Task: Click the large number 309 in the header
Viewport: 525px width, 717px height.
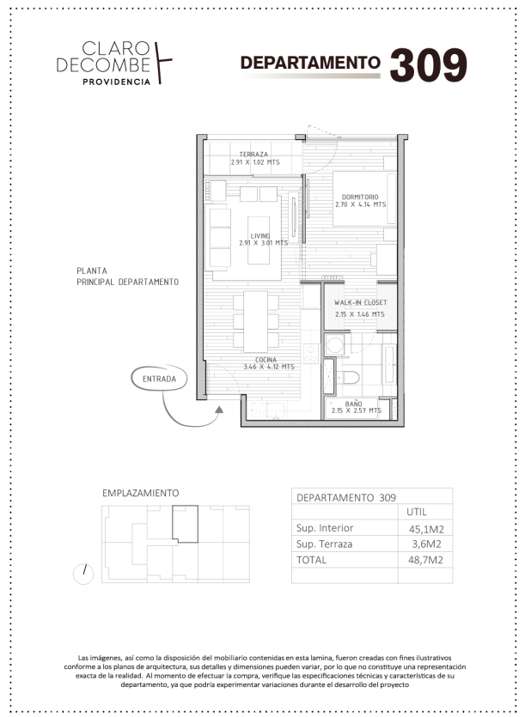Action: pos(428,65)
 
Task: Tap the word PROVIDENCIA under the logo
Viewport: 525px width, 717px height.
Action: pos(116,82)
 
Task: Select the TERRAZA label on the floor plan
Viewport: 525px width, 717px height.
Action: pos(253,154)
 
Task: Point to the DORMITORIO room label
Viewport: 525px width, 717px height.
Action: pos(360,197)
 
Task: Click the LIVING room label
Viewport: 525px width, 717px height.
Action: pos(260,236)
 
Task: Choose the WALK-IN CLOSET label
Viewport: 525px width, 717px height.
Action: pos(360,302)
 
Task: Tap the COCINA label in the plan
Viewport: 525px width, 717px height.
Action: pos(266,360)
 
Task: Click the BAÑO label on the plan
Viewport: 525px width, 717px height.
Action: pos(353,404)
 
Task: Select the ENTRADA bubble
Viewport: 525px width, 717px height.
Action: pos(159,379)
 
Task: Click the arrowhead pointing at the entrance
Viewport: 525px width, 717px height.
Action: pos(219,410)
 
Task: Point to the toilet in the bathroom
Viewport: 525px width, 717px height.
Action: pos(348,378)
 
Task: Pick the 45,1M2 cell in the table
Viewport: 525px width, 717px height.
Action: pos(426,529)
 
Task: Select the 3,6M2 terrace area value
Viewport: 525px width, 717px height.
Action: pos(426,544)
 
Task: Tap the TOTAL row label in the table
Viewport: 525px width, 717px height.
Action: pos(311,560)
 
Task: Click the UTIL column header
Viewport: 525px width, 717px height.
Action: pos(416,512)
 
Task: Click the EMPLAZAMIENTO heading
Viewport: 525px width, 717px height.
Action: pos(141,493)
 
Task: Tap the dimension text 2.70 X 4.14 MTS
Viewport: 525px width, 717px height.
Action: pos(360,205)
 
